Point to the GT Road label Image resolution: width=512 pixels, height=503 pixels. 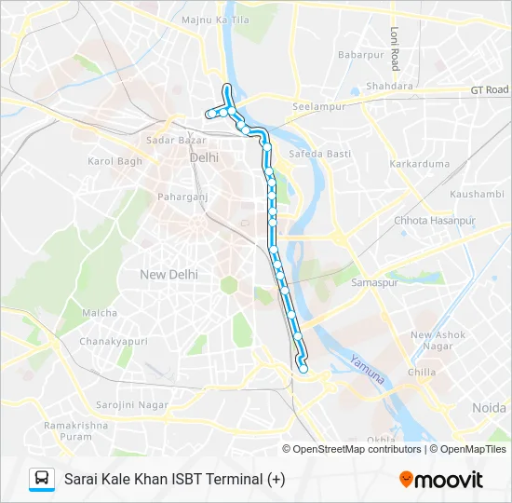point(489,89)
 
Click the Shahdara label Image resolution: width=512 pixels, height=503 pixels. point(389,87)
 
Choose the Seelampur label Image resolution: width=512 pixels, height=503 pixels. point(313,105)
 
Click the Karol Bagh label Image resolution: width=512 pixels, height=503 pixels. point(113,161)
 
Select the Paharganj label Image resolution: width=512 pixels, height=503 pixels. point(181,197)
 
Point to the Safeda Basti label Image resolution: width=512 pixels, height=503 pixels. point(319,153)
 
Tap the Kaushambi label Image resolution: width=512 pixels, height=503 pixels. point(476,194)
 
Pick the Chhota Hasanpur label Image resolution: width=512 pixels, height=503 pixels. point(435,221)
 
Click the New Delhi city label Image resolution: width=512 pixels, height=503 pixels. point(168,274)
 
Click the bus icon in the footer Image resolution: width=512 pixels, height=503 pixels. point(42,479)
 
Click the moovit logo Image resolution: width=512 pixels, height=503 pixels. point(441,480)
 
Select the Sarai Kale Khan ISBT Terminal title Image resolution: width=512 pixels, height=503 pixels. point(175,480)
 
